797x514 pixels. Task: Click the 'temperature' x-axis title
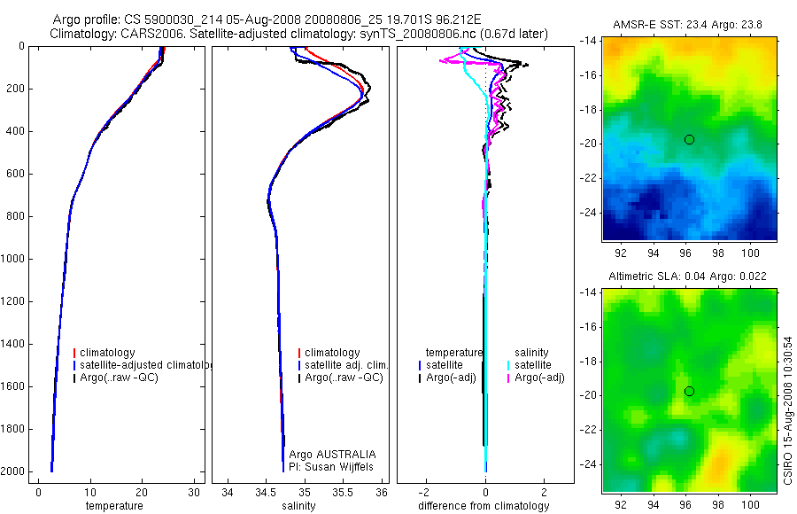pyautogui.click(x=113, y=506)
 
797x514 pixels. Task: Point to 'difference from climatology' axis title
pyautogui.click(x=484, y=506)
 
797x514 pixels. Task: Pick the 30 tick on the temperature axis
pyautogui.click(x=194, y=493)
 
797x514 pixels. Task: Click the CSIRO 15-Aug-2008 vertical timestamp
pyautogui.click(x=788, y=410)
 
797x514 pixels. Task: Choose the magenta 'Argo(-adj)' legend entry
pyautogui.click(x=539, y=378)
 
